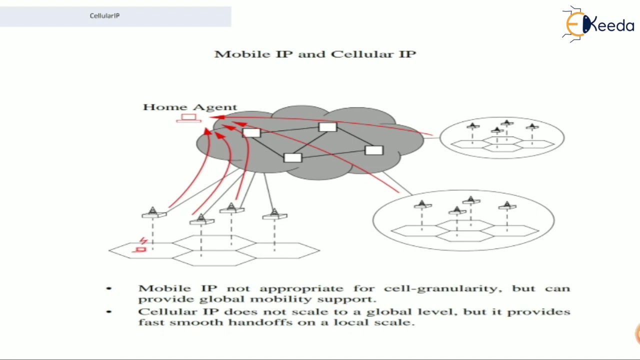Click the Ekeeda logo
tap(598, 23)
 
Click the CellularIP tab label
tap(104, 15)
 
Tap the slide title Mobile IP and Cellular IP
tap(315, 54)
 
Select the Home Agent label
tap(189, 107)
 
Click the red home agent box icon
tap(188, 118)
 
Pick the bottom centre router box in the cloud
tap(292, 158)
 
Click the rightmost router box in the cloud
tap(374, 150)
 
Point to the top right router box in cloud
tap(327, 127)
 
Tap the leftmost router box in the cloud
tap(251, 133)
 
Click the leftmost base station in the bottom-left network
tap(153, 213)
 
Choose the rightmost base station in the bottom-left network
tap(274, 215)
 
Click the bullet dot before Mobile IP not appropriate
tap(109, 288)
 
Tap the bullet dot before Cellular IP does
tap(109, 311)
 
